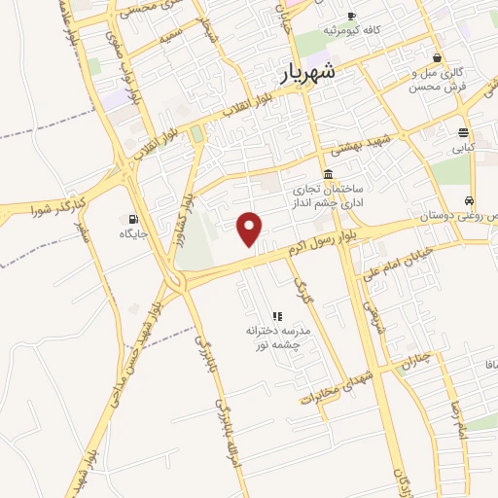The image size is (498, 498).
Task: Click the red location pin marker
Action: [250, 229]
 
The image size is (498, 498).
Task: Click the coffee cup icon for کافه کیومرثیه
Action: [351, 16]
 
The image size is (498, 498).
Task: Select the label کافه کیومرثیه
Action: [351, 31]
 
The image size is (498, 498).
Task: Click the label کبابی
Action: [462, 149]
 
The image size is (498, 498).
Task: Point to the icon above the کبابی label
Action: [463, 132]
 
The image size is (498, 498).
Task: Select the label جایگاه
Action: [132, 233]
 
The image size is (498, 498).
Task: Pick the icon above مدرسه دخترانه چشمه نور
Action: [277, 316]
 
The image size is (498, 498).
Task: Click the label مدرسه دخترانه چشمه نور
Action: [273, 338]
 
